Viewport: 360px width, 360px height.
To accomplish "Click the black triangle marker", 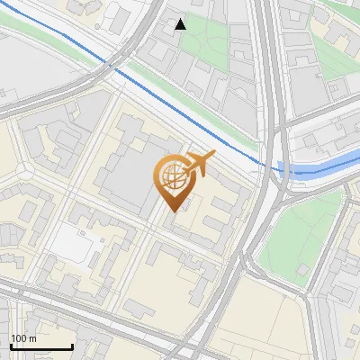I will coord(181,24).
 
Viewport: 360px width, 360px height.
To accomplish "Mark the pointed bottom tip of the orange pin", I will coord(172,211).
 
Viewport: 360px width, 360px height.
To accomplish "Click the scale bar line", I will coord(40,346).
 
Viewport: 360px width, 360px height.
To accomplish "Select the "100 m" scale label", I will coord(24,338).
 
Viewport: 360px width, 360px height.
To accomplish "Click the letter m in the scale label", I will coord(33,338).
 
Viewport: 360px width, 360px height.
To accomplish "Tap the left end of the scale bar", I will coord(10,346).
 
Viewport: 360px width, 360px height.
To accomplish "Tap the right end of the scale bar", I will coord(72,346).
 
